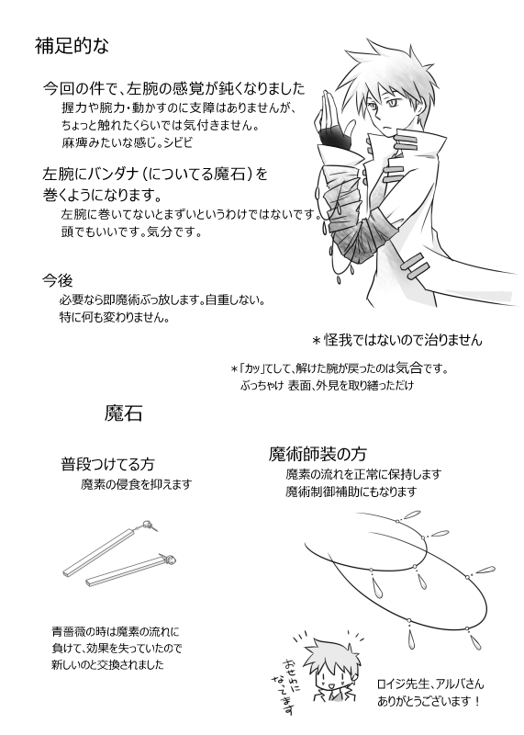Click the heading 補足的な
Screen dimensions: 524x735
(72, 46)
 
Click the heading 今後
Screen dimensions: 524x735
(58, 280)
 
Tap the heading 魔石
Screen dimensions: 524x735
(123, 413)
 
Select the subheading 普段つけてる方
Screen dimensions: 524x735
(107, 464)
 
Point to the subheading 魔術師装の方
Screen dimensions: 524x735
(318, 454)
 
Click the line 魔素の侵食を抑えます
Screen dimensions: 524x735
(136, 484)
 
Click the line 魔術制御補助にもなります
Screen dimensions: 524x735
(351, 492)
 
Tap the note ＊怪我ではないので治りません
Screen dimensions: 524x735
(397, 339)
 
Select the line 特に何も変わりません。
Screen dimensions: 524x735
(115, 317)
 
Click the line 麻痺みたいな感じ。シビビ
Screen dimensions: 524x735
(127, 142)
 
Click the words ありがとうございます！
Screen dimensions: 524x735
(429, 702)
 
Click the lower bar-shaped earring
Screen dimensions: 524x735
(132, 571)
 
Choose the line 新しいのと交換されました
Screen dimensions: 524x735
(107, 664)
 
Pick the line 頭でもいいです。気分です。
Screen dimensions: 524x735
(131, 232)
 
